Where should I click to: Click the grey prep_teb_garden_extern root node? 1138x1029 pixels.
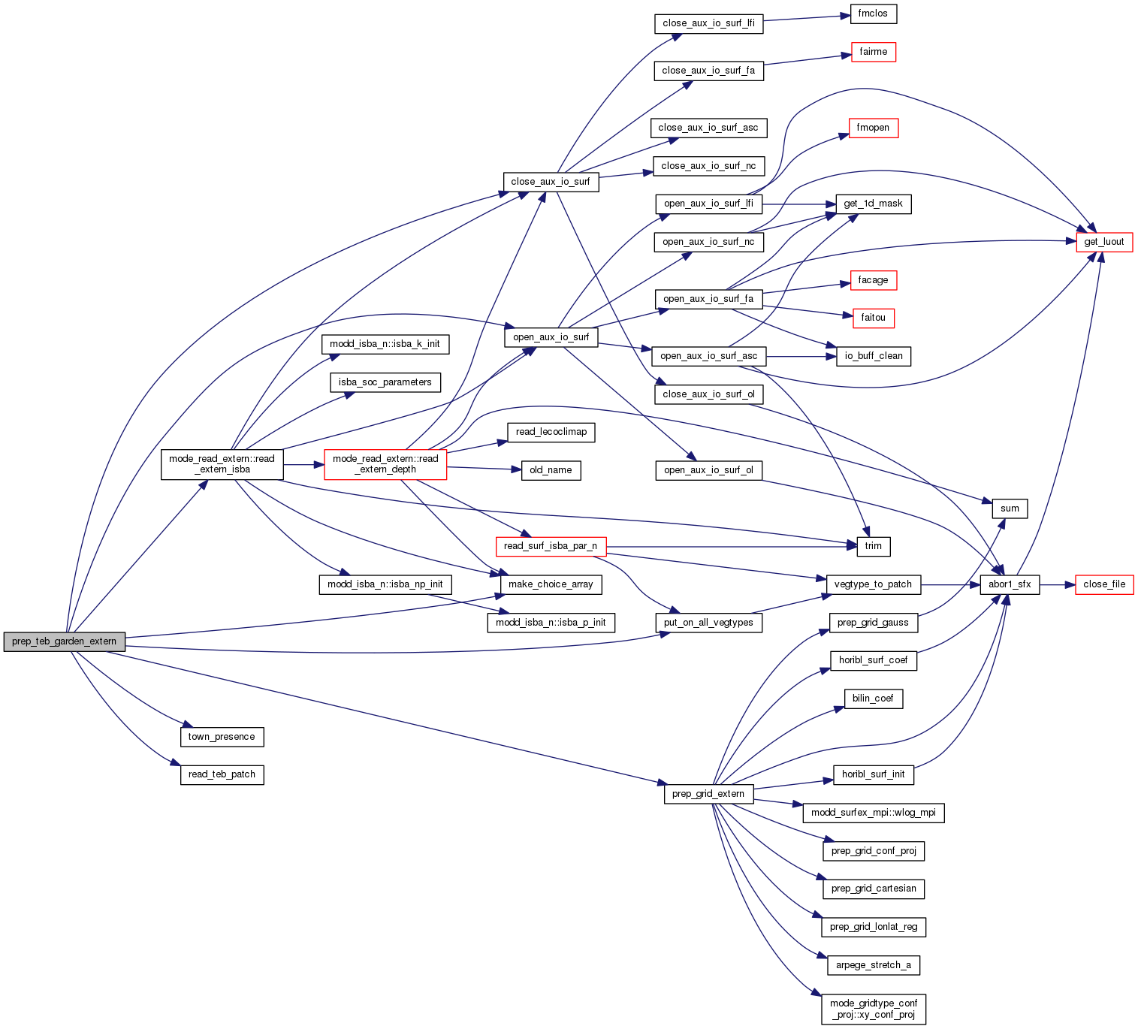tap(64, 641)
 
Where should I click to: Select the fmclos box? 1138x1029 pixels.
tap(873, 14)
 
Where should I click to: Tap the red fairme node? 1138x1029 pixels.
tap(873, 52)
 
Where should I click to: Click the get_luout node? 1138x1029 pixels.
tap(1103, 242)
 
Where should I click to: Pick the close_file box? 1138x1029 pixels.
tap(1103, 584)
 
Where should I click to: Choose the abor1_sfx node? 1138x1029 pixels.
tap(1010, 584)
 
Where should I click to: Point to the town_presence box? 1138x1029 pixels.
tap(222, 737)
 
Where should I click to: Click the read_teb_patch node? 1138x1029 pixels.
tap(222, 774)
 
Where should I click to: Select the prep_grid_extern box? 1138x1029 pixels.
tap(708, 794)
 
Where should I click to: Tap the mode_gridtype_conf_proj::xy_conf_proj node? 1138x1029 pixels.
tap(874, 1009)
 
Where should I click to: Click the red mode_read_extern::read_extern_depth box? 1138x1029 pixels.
tap(385, 464)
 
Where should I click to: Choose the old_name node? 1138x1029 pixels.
tap(551, 470)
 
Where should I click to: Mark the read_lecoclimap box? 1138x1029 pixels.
tap(551, 432)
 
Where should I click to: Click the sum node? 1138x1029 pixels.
tap(1010, 508)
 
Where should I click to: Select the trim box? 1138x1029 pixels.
tap(873, 546)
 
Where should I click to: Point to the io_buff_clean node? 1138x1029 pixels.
tap(873, 356)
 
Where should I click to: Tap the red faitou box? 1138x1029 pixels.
tap(873, 318)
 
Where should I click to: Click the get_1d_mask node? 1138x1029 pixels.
tap(873, 204)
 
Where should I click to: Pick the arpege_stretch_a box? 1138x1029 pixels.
tap(873, 965)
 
